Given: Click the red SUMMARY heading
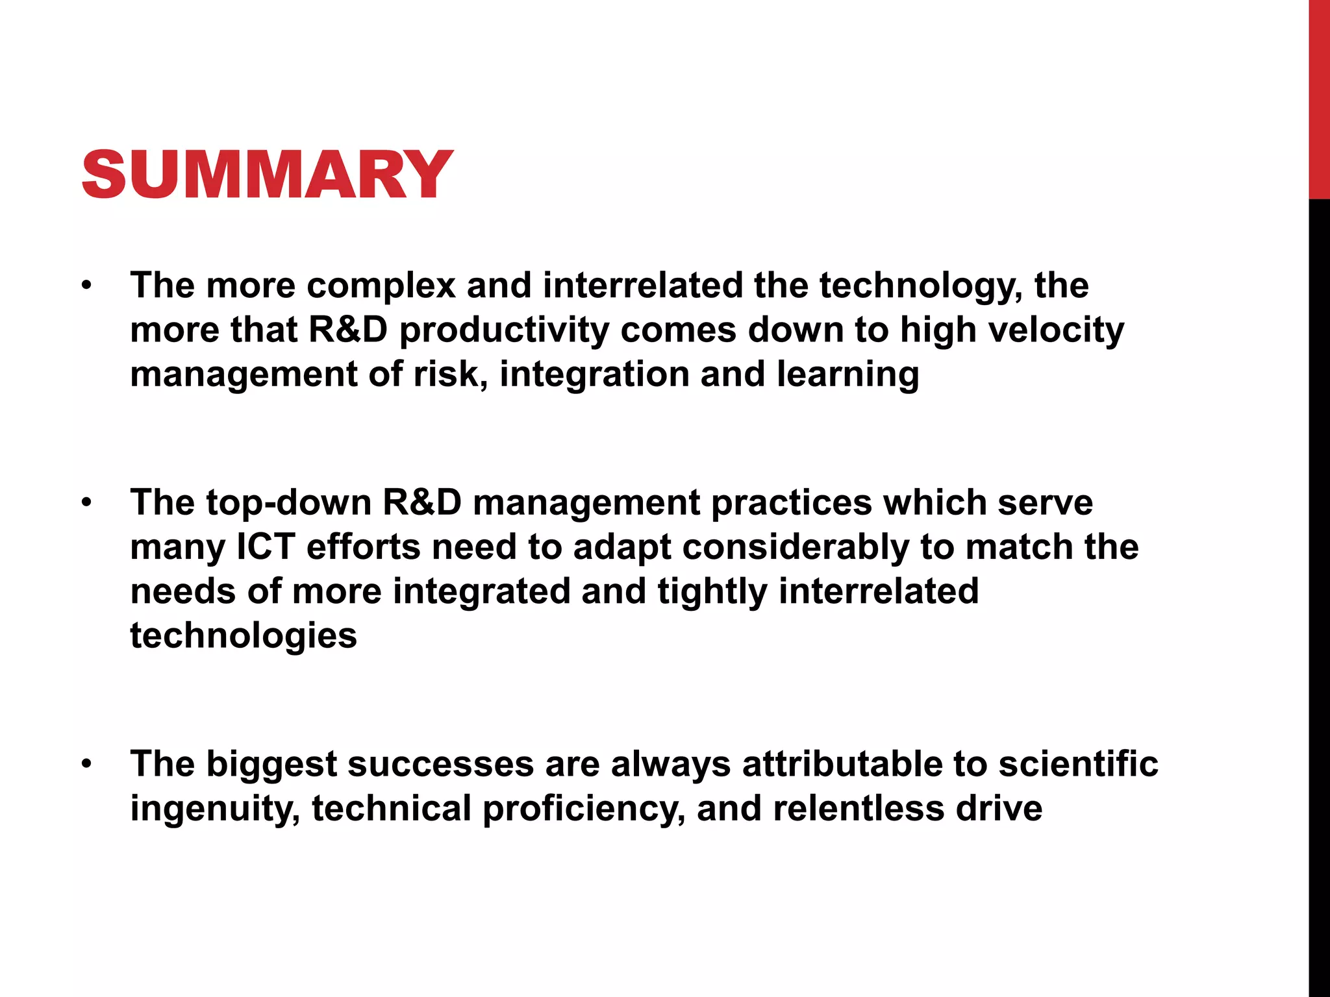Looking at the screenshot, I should tap(267, 174).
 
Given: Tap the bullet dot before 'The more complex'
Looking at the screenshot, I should tap(87, 286).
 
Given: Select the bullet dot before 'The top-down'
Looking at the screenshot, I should tap(87, 503).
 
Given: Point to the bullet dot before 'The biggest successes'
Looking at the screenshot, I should tap(87, 764).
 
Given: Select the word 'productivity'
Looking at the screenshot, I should tap(504, 330).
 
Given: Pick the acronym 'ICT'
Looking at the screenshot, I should tap(265, 547).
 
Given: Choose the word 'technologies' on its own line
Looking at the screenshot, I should tap(244, 635).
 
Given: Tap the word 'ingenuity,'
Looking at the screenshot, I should tap(215, 809).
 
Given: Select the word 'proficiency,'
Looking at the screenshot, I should tap(583, 809).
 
